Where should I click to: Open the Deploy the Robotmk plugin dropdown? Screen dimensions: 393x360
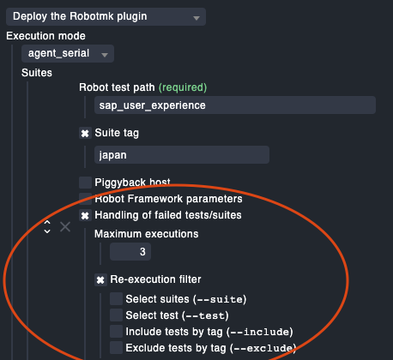coord(106,16)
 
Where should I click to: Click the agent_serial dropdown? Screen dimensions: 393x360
coord(68,53)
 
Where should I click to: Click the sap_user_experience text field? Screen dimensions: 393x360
coord(235,105)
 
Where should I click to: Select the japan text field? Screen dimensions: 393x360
coord(182,155)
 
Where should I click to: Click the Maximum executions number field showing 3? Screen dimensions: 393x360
coord(130,252)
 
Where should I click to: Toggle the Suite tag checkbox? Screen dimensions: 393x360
coord(85,133)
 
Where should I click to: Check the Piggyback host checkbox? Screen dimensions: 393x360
coord(85,183)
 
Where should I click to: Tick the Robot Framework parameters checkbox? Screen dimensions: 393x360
coord(85,199)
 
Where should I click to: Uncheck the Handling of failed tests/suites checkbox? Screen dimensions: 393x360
coord(85,215)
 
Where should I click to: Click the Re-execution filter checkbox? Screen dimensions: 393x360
coord(100,279)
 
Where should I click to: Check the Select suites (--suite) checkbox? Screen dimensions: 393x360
coord(116,298)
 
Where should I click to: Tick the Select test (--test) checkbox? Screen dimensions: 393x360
coord(116,315)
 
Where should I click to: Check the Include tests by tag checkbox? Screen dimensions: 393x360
coord(116,331)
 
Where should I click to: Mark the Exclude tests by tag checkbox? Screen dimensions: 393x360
coord(116,347)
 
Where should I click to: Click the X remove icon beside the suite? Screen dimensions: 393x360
coord(65,227)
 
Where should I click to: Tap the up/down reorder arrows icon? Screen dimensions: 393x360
coord(47,227)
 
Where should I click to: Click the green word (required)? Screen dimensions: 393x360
coord(183,87)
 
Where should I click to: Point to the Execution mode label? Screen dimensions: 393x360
coord(45,36)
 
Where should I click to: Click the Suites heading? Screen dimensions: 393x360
coord(37,73)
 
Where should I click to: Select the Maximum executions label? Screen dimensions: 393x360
coord(147,234)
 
